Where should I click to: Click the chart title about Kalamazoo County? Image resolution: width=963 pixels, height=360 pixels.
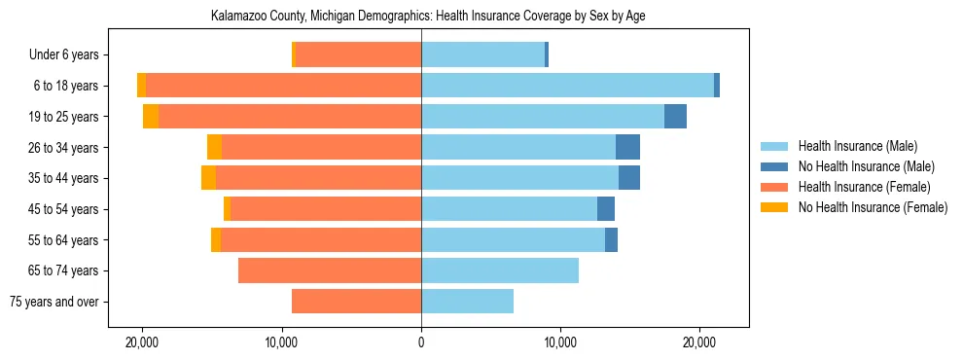click(x=428, y=17)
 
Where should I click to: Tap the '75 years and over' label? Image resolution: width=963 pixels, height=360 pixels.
click(x=53, y=302)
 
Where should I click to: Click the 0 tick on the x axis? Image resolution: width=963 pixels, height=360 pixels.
click(x=421, y=343)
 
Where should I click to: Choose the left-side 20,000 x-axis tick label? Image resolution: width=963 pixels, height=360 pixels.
click(x=143, y=343)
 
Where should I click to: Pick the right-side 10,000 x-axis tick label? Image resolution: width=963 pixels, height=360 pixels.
click(x=560, y=343)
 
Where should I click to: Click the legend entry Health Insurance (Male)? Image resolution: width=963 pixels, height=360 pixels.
click(x=857, y=147)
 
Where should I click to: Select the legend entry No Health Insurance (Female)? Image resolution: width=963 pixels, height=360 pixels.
click(x=873, y=207)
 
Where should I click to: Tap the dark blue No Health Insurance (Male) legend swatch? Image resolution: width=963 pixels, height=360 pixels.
click(x=775, y=167)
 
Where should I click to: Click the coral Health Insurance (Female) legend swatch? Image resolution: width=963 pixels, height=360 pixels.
click(x=775, y=187)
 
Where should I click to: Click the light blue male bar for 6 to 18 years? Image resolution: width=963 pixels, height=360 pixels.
click(x=567, y=86)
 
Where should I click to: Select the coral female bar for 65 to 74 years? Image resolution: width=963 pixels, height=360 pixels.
click(x=330, y=270)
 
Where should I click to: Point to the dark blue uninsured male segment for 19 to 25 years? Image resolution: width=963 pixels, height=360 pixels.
click(x=675, y=117)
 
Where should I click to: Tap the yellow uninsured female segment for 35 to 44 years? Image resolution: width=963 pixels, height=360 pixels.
click(x=208, y=178)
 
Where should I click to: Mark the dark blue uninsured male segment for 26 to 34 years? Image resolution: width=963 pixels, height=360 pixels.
click(x=627, y=147)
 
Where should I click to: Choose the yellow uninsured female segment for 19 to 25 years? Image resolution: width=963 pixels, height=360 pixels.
click(x=151, y=117)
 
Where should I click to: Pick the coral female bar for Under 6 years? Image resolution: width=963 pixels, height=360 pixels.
click(x=358, y=55)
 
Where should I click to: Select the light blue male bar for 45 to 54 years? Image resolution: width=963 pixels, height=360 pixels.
click(x=509, y=209)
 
